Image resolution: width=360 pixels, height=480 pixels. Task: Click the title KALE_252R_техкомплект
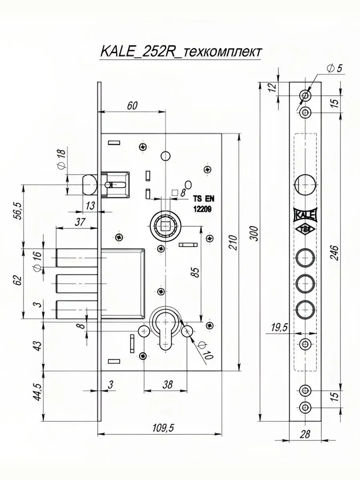click(180, 52)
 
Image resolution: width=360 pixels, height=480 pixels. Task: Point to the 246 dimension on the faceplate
click(334, 253)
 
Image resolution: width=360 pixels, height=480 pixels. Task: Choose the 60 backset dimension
click(132, 106)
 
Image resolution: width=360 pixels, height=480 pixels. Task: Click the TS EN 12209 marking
click(203, 204)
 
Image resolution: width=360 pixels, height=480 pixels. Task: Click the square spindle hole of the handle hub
click(166, 226)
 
